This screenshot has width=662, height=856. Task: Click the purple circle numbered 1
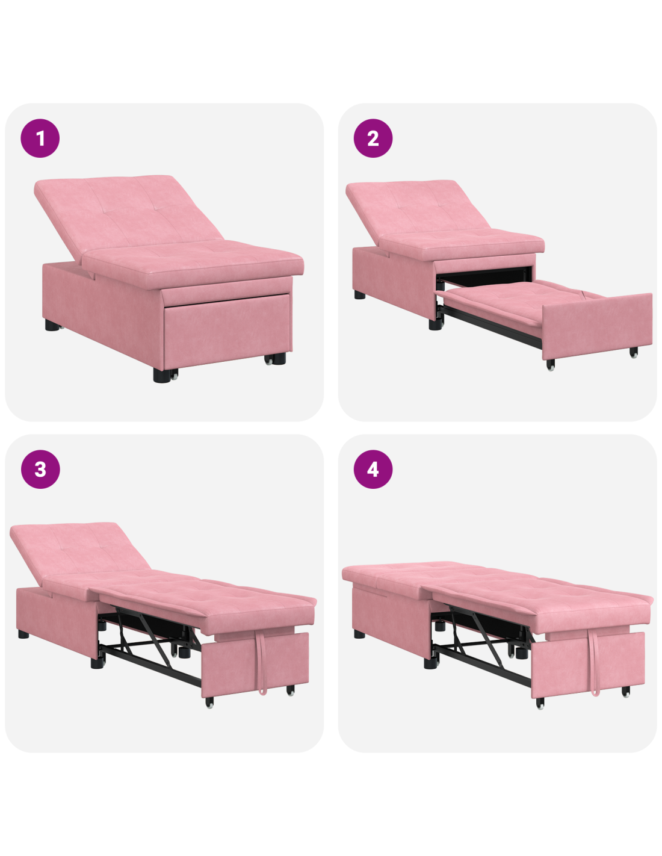point(40,138)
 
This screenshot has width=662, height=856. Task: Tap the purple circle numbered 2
point(373,138)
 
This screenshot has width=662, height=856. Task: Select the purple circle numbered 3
point(40,469)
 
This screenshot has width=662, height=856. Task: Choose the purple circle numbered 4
point(373,469)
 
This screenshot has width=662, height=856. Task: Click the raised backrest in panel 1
point(126,212)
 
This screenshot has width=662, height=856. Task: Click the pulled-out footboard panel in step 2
point(596,325)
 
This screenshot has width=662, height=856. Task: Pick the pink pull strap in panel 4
point(593,662)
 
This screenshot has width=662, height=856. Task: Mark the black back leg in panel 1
point(52,325)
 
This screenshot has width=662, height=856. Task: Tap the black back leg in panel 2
point(359,294)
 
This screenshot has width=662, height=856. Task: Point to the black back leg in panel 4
point(359,634)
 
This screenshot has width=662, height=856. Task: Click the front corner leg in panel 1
point(161,375)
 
